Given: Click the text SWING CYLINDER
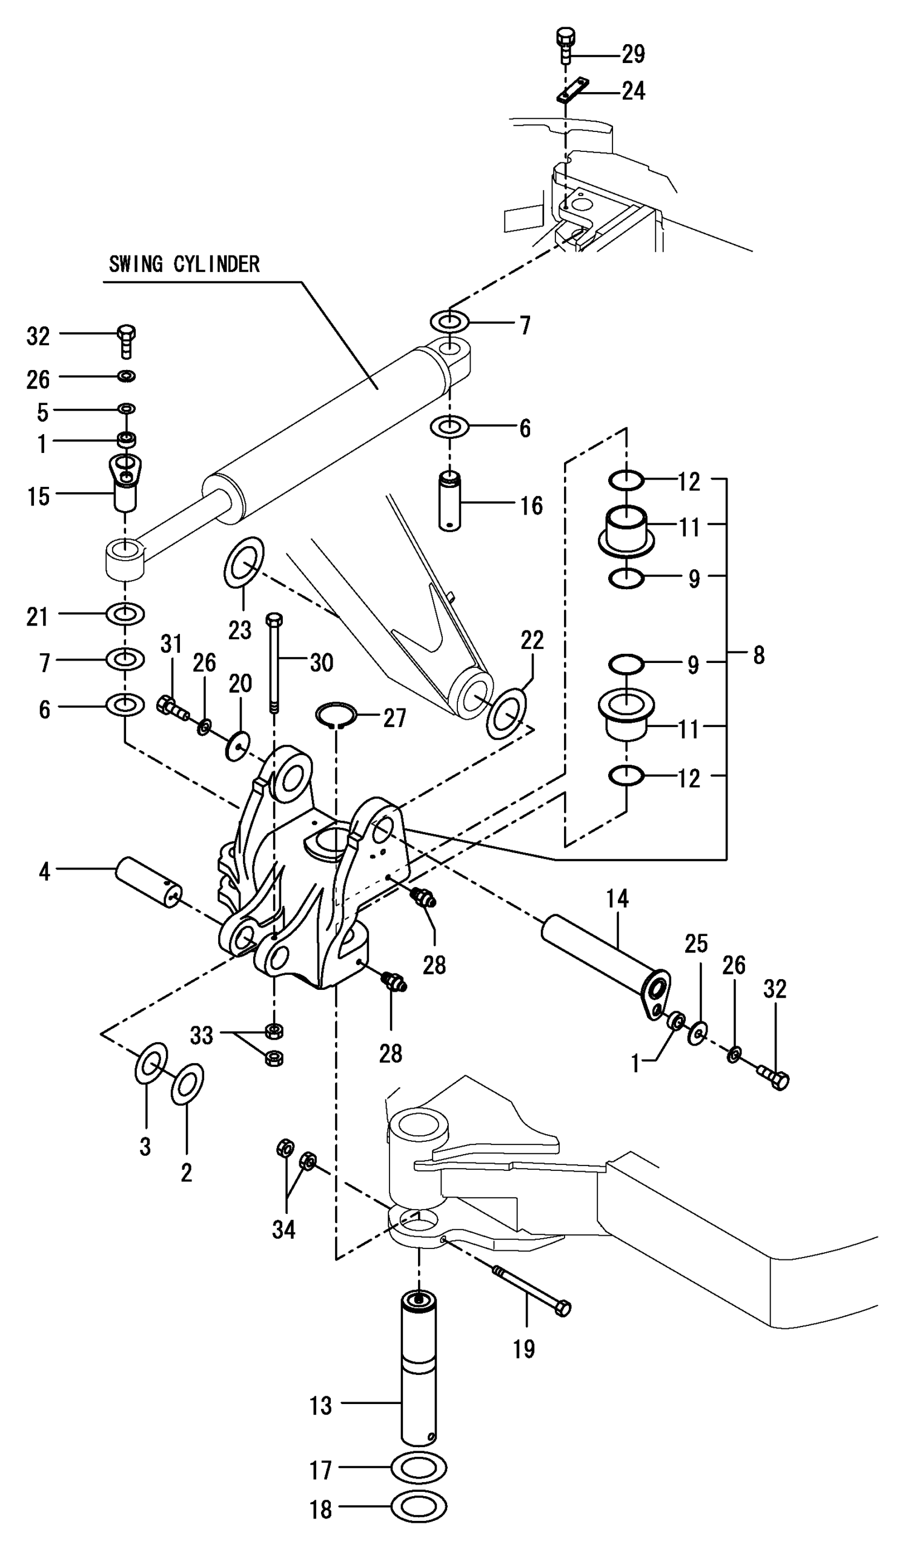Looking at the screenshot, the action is [184, 265].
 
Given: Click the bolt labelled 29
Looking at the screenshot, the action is [565, 45].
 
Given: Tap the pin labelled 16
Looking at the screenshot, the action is [450, 501].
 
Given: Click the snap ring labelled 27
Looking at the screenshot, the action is [336, 714].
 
